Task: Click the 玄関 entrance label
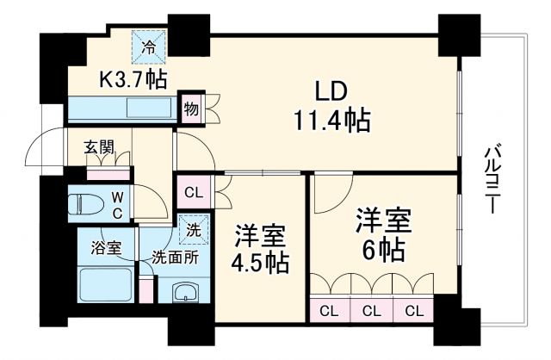98,147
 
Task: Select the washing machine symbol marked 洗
193,230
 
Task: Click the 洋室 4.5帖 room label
261,248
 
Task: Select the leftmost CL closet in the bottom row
330,310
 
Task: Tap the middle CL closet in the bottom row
372,310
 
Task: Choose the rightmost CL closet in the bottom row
414,310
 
